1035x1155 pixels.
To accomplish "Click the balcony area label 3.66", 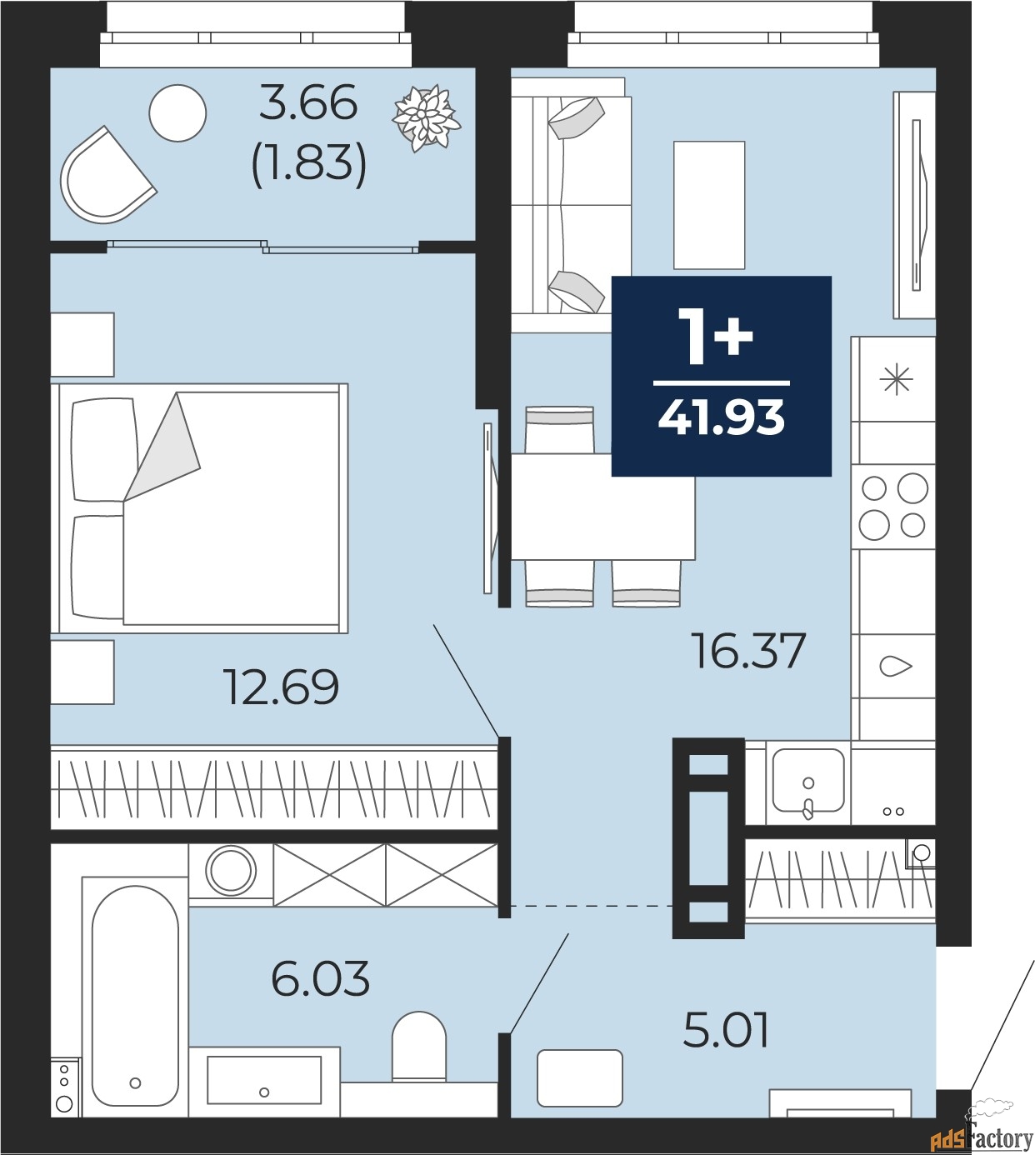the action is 308,103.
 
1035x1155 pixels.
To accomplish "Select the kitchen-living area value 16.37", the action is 748,651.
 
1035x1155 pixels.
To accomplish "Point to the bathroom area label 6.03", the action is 321,978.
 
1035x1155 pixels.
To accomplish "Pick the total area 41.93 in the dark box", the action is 722,417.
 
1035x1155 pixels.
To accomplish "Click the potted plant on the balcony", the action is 426,118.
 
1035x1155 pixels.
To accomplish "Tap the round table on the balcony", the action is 178,112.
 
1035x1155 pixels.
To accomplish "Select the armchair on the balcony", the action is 106,176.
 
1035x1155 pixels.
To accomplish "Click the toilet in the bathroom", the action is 419,1047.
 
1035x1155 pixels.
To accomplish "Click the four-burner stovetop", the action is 893,507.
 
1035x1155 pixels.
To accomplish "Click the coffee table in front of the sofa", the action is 709,205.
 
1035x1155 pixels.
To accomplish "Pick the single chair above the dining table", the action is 559,430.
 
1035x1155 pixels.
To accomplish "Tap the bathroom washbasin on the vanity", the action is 264,1080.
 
